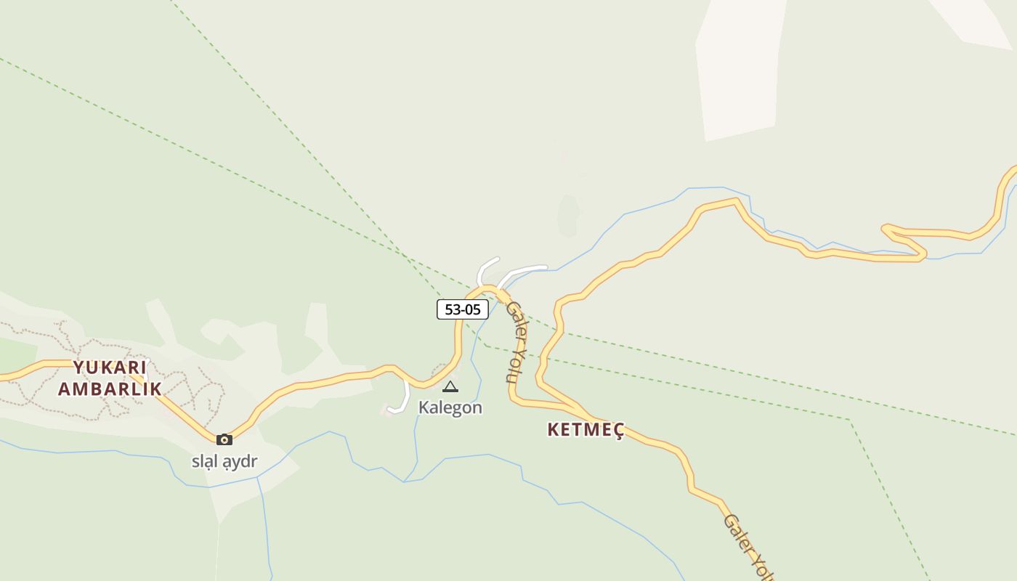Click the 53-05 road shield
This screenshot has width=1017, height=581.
pyautogui.click(x=462, y=309)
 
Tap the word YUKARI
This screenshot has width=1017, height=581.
pyautogui.click(x=110, y=367)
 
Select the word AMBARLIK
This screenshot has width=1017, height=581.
pyautogui.click(x=110, y=389)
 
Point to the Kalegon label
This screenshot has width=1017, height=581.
pyautogui.click(x=450, y=407)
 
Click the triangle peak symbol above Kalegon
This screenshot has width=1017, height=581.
pyautogui.click(x=450, y=386)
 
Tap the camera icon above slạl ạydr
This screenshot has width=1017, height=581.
pyautogui.click(x=224, y=439)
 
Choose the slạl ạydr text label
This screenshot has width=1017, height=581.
pyautogui.click(x=224, y=461)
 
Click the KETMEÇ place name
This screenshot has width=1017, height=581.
pyautogui.click(x=586, y=429)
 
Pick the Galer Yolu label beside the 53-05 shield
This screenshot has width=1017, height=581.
pyautogui.click(x=515, y=341)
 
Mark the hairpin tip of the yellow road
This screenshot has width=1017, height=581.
pyautogui.click(x=885, y=230)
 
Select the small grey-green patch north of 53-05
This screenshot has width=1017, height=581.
pyautogui.click(x=568, y=216)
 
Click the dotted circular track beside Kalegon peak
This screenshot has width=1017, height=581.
pyautogui.click(x=441, y=370)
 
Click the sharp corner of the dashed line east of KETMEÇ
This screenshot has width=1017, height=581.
pyautogui.click(x=849, y=419)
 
